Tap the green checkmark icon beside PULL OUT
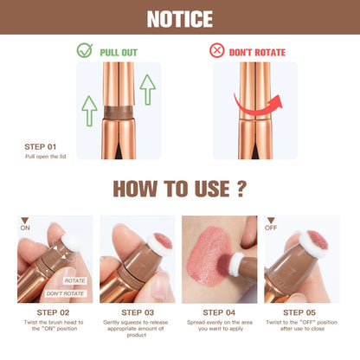[84, 51]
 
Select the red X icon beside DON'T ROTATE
[216, 51]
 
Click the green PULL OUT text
[118, 52]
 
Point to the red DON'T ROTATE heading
[257, 52]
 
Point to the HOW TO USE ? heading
[179, 190]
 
